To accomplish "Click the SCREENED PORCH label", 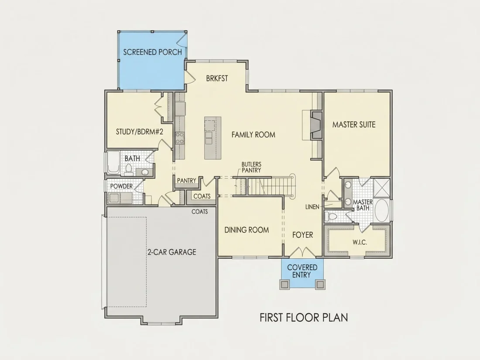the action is (x=152, y=52).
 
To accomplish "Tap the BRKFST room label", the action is (x=217, y=79).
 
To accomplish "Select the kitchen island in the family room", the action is (x=213, y=138).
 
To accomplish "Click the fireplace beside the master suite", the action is (x=315, y=125).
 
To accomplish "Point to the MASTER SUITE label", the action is (x=354, y=125).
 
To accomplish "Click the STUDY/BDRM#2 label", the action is (x=139, y=132).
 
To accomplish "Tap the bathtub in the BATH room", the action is (x=113, y=162).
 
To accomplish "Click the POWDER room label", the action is (x=122, y=186).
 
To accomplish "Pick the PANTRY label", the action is (x=186, y=181).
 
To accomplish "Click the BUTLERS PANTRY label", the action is (x=251, y=168).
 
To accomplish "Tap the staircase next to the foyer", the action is (x=265, y=186).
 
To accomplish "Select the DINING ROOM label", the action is (x=247, y=230).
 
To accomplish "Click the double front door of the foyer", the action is (x=302, y=252).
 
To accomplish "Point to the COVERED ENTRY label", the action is (x=302, y=271).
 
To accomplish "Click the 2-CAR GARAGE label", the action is (x=172, y=252).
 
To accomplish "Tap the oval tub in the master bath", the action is (x=382, y=211).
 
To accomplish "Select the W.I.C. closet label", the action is (x=360, y=243).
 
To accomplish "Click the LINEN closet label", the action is (x=312, y=207).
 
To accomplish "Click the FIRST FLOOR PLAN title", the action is (x=304, y=317).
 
